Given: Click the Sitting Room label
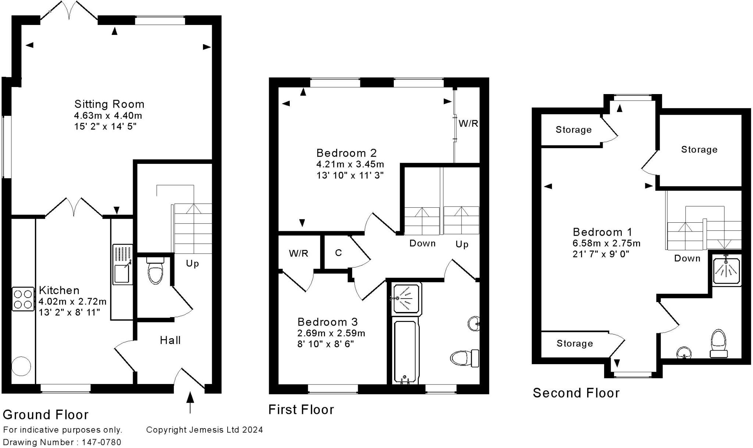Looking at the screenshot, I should (x=109, y=104).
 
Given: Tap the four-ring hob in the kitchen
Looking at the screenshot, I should (x=23, y=299).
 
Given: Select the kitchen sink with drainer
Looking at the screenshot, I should (x=122, y=264).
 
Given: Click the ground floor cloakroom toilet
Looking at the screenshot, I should (x=155, y=271).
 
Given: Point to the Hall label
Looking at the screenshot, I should (x=170, y=340).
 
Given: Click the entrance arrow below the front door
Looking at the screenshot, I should (x=190, y=402).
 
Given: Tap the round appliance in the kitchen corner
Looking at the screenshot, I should (x=21, y=366).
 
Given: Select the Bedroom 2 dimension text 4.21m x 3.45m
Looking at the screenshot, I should (x=350, y=164).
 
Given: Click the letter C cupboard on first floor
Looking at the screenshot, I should (x=338, y=253).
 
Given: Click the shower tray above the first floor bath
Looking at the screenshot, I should (x=407, y=298).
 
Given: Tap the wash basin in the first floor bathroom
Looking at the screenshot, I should (x=474, y=324).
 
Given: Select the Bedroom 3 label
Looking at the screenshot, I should (x=327, y=322).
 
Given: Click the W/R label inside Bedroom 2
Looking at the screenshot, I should (x=468, y=123).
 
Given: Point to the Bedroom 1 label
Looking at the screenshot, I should (x=602, y=232).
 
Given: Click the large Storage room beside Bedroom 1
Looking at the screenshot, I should (x=699, y=150).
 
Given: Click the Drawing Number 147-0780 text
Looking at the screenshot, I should (x=62, y=442).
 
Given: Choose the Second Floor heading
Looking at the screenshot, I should (x=576, y=393).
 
